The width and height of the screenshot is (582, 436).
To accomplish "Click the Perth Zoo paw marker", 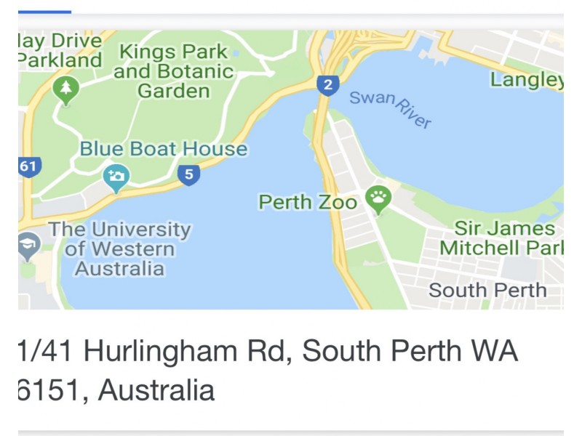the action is (378, 197).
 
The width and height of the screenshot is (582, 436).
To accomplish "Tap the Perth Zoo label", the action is (308, 202).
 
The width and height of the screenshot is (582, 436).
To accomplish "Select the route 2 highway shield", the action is (327, 86).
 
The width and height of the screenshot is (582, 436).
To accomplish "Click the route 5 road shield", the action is (188, 174).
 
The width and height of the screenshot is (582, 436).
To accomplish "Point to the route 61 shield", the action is (28, 166).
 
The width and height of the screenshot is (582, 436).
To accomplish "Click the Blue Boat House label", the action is (163, 149).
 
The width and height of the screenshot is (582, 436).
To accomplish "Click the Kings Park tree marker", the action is (66, 90).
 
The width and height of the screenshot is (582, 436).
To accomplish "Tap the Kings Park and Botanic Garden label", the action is (174, 72).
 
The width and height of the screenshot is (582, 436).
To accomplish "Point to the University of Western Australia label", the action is (119, 249).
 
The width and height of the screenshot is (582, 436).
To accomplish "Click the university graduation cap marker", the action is (28, 247).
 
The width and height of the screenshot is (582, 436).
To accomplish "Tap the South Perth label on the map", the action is (487, 290).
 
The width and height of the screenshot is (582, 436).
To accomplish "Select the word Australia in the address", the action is (156, 390).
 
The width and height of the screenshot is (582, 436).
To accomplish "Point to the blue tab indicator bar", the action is (44, 11).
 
